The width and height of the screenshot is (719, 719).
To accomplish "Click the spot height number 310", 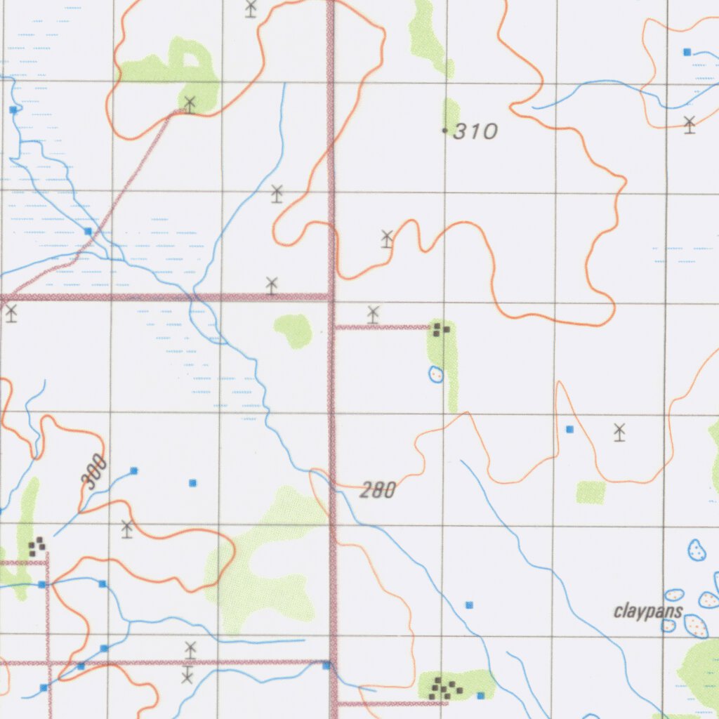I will click(x=475, y=131).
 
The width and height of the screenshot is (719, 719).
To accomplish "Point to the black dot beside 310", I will click(x=444, y=130).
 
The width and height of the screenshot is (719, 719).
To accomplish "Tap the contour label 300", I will click(x=94, y=471).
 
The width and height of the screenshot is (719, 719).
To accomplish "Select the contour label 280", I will click(x=378, y=491).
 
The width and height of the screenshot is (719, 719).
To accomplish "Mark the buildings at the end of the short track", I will click(x=440, y=329).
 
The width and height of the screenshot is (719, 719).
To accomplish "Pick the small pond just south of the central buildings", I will click(x=436, y=375).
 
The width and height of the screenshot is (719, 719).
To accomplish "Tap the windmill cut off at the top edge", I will click(x=251, y=8).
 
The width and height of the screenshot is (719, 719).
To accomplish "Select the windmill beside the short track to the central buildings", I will click(x=374, y=314).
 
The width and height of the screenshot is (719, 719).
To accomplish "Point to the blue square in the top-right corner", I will click(x=687, y=52).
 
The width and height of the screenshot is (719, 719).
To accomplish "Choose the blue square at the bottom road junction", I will click(x=326, y=665).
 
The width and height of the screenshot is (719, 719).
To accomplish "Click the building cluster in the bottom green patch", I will click(x=444, y=687).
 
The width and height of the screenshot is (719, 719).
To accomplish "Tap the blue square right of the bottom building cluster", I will click(x=480, y=695).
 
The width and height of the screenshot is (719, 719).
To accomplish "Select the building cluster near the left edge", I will click(x=37, y=545).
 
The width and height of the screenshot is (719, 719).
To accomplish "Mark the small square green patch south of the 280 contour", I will click(x=591, y=492).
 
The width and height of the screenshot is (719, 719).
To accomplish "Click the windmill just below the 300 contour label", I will click(x=126, y=528).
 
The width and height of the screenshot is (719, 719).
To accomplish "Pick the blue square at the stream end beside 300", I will click(x=134, y=470).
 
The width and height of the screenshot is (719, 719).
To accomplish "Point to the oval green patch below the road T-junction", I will click(x=293, y=331).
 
